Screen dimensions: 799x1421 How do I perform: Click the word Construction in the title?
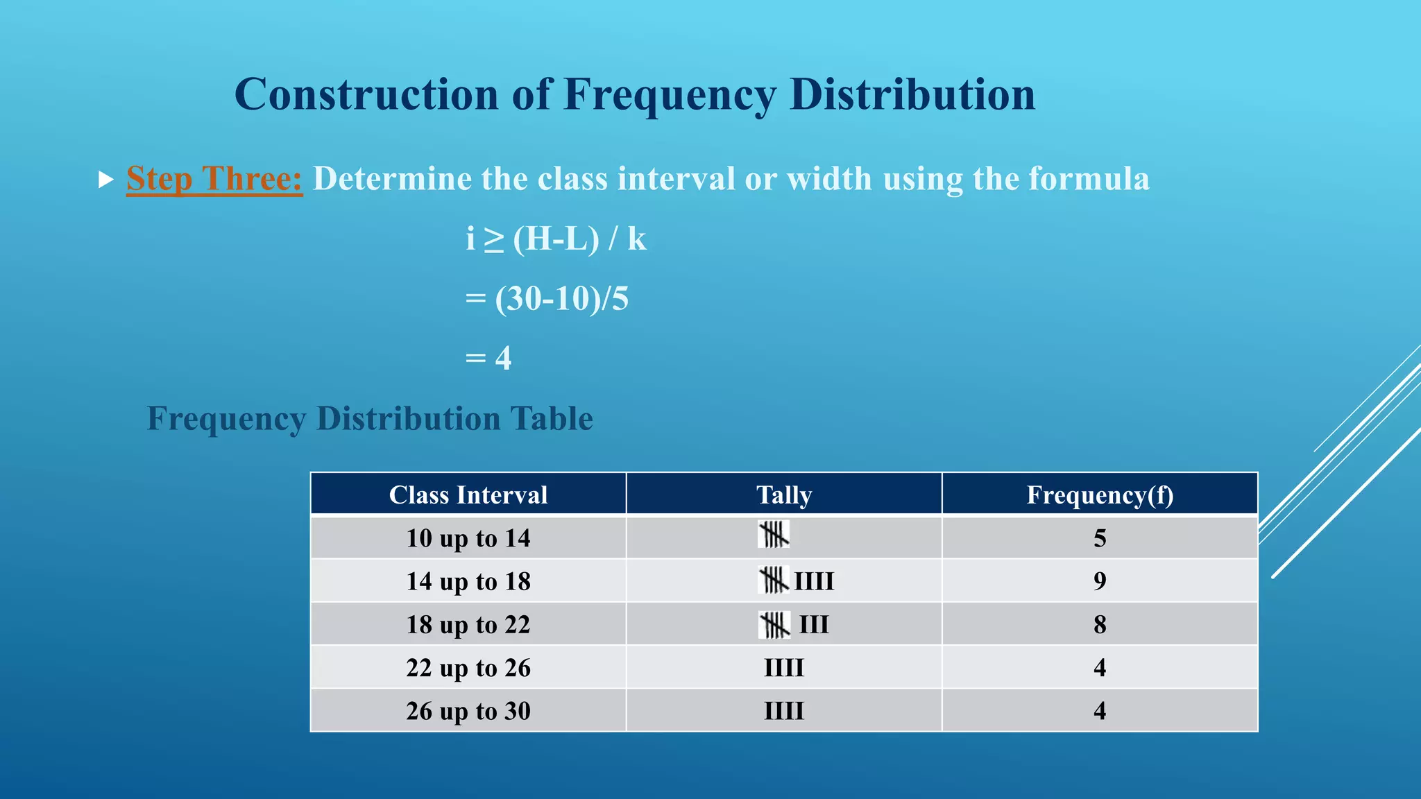click(x=366, y=94)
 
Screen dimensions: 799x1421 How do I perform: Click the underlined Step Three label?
click(x=214, y=179)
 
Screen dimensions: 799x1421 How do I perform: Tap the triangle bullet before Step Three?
click(x=105, y=180)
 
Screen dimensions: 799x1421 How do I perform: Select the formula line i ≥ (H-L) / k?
click(x=556, y=239)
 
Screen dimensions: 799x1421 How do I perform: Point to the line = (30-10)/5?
click(x=547, y=299)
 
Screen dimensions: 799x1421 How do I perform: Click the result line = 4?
click(x=488, y=359)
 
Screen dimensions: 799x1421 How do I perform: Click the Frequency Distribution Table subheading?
click(x=370, y=419)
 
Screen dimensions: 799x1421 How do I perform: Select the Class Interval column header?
click(x=468, y=495)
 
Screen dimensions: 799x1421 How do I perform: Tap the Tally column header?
click(x=783, y=495)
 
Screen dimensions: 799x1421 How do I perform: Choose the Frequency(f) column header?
click(x=1100, y=495)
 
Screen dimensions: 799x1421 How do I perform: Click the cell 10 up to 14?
click(x=468, y=538)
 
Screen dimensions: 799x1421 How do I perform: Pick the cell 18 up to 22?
click(x=468, y=625)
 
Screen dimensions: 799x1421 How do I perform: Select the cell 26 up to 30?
click(x=468, y=711)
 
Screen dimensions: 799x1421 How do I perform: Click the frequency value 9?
click(x=1100, y=581)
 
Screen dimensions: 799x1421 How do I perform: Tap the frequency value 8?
click(x=1100, y=625)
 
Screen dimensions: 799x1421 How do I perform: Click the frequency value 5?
click(x=1100, y=538)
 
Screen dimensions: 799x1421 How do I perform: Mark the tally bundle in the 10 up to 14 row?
click(x=774, y=535)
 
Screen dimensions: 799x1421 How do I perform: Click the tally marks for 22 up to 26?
click(x=783, y=668)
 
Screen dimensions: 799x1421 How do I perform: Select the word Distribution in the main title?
click(x=912, y=94)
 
